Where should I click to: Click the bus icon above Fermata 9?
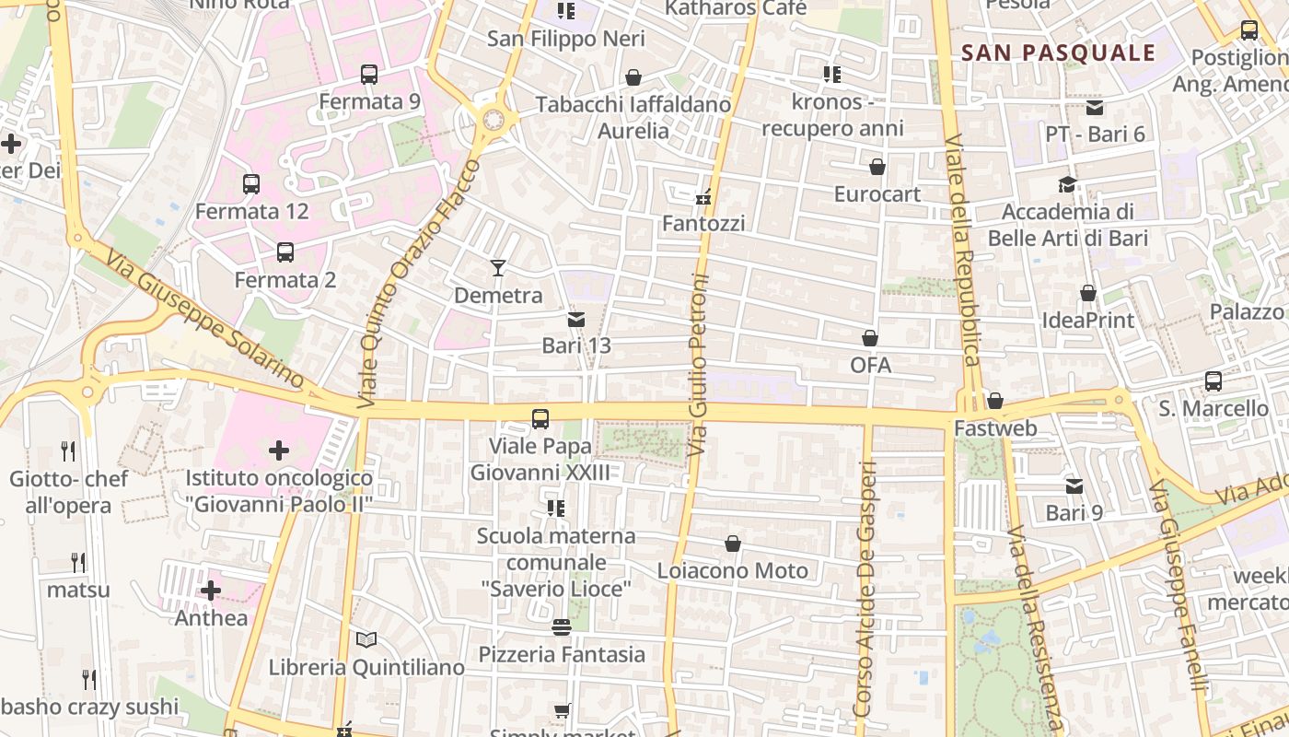tap(369, 75)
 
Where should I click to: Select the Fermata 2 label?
tap(285, 280)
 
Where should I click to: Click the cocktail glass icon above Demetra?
tap(498, 268)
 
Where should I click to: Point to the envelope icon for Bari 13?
tap(576, 320)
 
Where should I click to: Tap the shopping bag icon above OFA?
tap(870, 339)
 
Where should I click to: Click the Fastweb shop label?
tap(995, 428)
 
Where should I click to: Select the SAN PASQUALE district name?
tap(1058, 53)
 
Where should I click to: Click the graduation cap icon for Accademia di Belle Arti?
tap(1068, 185)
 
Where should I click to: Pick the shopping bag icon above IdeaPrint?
tap(1088, 294)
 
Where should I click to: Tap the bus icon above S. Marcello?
tap(1214, 381)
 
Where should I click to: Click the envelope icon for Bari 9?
tap(1074, 486)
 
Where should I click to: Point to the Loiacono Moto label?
tap(733, 571)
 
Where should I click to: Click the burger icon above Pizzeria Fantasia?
tap(562, 627)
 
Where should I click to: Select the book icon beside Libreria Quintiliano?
tap(366, 639)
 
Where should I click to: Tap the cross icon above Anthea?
tap(211, 591)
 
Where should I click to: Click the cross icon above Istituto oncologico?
tap(279, 450)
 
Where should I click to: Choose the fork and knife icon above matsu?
tap(78, 563)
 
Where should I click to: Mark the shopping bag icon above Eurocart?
tap(877, 168)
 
